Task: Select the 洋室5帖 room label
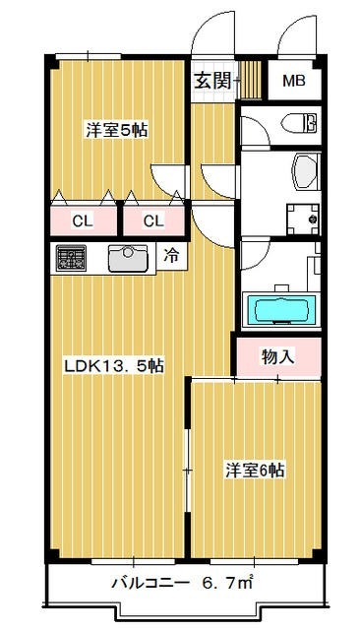point(116,129)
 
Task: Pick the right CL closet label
point(152,220)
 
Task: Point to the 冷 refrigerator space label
point(171,258)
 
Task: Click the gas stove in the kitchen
point(72,259)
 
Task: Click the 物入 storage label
point(278,356)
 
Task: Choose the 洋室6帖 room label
point(255,471)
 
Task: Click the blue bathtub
point(281,309)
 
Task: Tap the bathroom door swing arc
point(254,258)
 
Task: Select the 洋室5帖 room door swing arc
point(169,177)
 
